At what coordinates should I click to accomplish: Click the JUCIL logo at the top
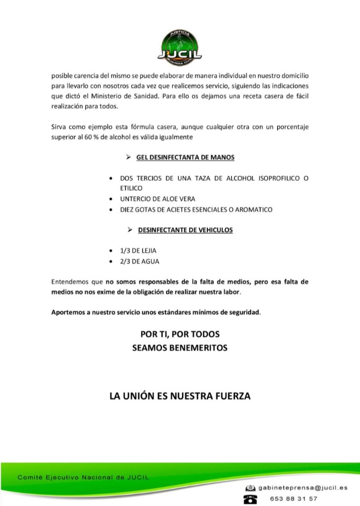click(180, 47)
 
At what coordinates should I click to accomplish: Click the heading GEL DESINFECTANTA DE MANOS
click(185, 157)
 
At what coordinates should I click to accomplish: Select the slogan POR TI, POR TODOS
click(180, 334)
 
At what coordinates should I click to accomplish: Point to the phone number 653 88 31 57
click(293, 498)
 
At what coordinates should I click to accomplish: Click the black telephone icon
click(249, 499)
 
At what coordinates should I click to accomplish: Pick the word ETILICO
click(131, 188)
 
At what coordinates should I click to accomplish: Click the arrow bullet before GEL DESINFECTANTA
click(129, 157)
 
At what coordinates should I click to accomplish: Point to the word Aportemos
click(67, 313)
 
